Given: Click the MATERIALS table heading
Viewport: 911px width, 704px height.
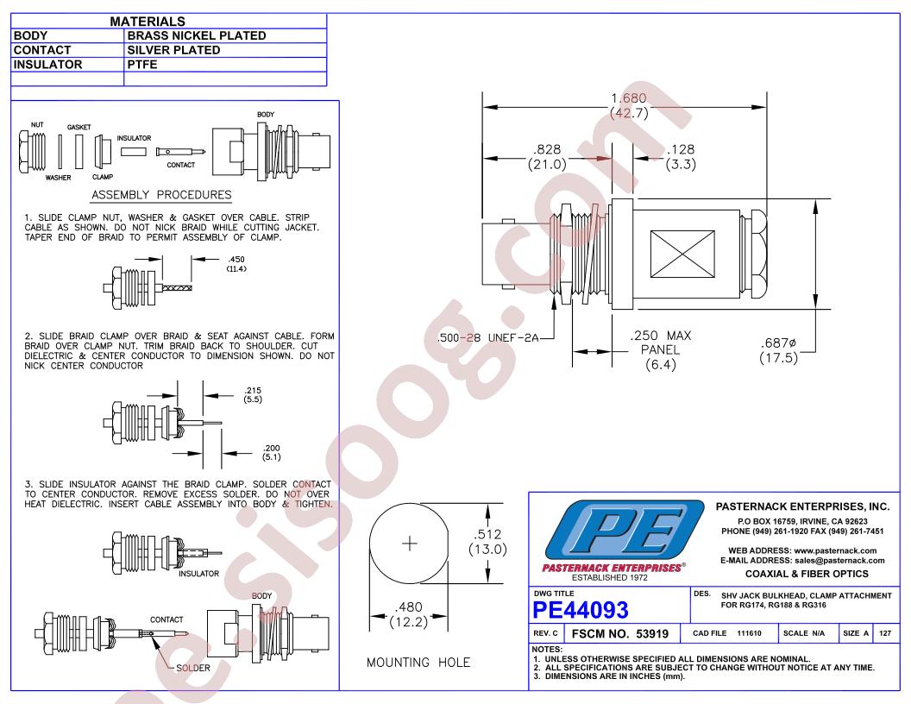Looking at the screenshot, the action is click(148, 22).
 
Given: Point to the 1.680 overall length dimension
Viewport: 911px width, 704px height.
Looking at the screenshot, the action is click(629, 105).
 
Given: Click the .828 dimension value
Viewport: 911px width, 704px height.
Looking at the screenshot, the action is click(547, 157).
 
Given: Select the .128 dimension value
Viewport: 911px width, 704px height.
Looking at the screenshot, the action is click(681, 157).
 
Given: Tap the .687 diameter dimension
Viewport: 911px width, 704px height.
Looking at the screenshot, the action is click(778, 350).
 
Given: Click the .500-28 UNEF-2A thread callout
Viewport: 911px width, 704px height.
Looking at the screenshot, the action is click(488, 337).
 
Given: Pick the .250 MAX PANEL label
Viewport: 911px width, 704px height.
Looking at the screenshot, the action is click(661, 349).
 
